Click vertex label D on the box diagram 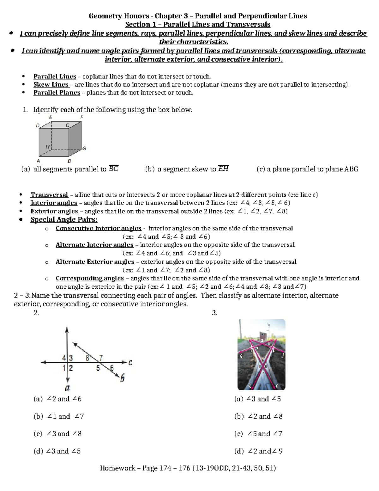point(38,126)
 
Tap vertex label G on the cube point(84,148)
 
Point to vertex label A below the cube point(39,161)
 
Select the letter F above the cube point(82,117)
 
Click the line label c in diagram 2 point(130,363)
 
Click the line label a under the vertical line point(67,388)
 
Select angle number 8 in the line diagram point(87,358)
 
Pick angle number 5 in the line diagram point(98,368)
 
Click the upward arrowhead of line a point(67,329)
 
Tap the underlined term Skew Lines point(51,85)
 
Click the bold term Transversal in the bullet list point(49,195)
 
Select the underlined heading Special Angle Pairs point(64,219)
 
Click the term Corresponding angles point(90,278)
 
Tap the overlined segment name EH point(223,169)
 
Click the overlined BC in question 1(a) point(113,169)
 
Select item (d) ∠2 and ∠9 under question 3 point(258,451)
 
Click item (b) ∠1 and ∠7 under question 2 point(59,416)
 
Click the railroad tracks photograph point(261,354)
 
